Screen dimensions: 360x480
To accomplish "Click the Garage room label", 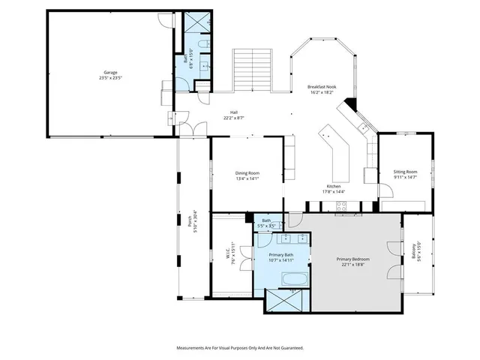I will [x=110, y=73].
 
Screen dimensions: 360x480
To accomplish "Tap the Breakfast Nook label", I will [x=322, y=86].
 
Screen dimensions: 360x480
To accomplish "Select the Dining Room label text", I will [x=247, y=173].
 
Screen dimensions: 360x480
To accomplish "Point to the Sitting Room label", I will [x=405, y=172].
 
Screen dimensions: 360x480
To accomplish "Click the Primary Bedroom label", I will [x=352, y=259].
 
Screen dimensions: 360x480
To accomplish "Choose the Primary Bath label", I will [x=282, y=256].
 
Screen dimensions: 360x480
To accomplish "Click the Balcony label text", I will [x=413, y=250].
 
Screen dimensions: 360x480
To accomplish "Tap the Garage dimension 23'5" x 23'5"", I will [x=110, y=78].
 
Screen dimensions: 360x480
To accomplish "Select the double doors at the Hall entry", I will [x=193, y=127].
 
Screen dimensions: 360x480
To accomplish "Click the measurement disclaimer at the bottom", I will [x=240, y=348].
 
